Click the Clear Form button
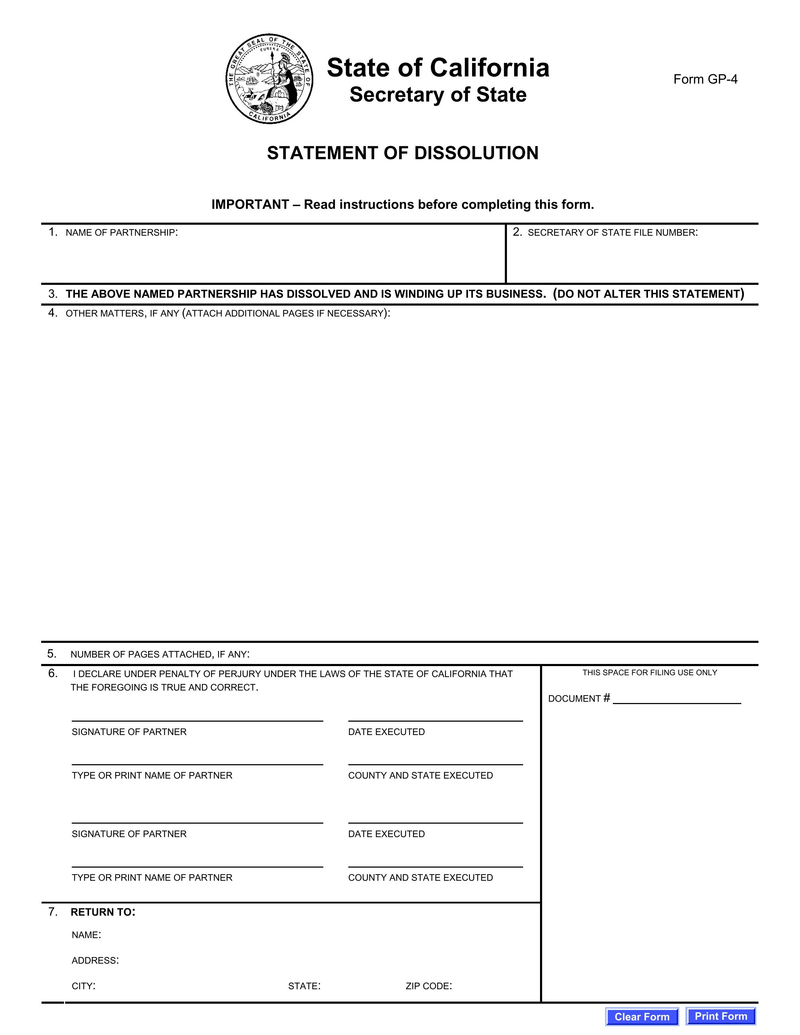pyautogui.click(x=642, y=1016)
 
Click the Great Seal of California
pyautogui.click(x=269, y=79)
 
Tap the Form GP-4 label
pyautogui.click(x=705, y=79)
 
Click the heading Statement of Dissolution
pyautogui.click(x=402, y=153)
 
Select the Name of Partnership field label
pyautogui.click(x=121, y=233)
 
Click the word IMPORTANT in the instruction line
pyautogui.click(x=250, y=205)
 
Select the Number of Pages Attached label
pyautogui.click(x=160, y=654)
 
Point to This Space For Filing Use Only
pyautogui.click(x=649, y=672)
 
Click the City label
pyautogui.click(x=83, y=986)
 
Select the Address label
pyautogui.click(x=95, y=960)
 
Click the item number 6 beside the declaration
pyautogui.click(x=53, y=673)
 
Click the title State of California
pyautogui.click(x=438, y=68)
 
